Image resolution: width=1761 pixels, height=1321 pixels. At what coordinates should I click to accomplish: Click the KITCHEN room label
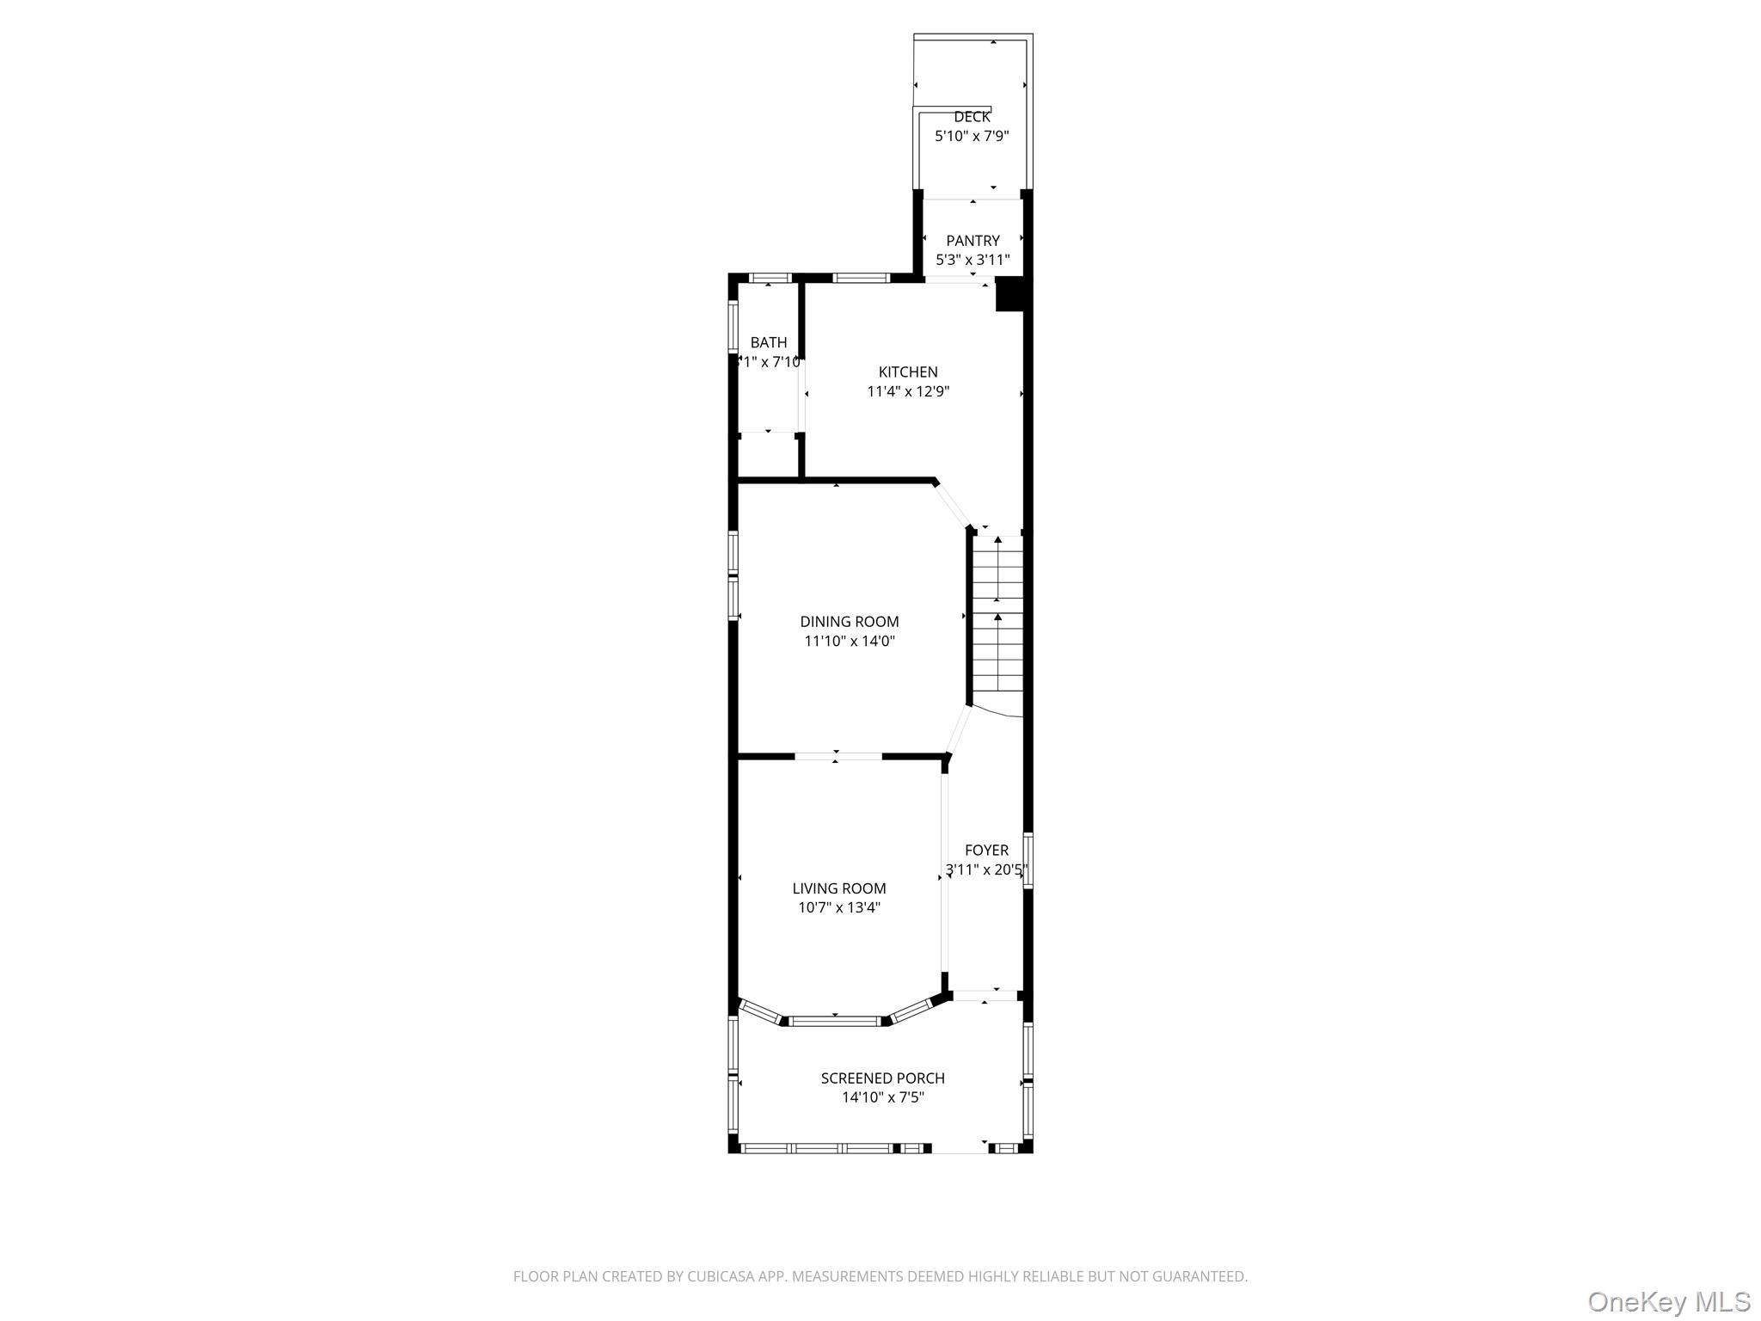pyautogui.click(x=908, y=372)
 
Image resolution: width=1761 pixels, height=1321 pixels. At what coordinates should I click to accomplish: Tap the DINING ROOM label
pyautogui.click(x=850, y=622)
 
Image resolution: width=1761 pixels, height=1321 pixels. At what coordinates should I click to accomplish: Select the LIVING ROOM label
pyautogui.click(x=839, y=888)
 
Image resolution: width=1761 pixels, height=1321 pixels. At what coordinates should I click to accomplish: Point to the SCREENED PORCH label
pyautogui.click(x=882, y=1078)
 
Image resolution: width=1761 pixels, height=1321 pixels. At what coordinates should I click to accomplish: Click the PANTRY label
pyautogui.click(x=973, y=241)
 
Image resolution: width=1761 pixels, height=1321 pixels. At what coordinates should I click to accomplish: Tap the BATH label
pyautogui.click(x=769, y=343)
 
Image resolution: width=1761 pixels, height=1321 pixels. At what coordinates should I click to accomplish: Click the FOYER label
pyautogui.click(x=986, y=851)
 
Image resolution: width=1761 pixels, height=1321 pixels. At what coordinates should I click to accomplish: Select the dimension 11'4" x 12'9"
pyautogui.click(x=908, y=392)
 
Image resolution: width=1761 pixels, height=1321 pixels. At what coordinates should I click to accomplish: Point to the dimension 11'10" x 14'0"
pyautogui.click(x=850, y=642)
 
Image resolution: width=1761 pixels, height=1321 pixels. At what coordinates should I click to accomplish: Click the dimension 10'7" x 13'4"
pyautogui.click(x=839, y=908)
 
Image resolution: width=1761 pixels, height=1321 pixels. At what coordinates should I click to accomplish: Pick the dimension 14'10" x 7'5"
pyautogui.click(x=882, y=1098)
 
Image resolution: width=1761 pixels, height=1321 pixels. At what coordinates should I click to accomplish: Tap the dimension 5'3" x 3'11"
pyautogui.click(x=973, y=260)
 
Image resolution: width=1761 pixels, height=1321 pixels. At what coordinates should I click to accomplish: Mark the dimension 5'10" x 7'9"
pyautogui.click(x=972, y=137)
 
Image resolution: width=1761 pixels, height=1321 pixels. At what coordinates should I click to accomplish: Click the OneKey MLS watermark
pyautogui.click(x=1668, y=1302)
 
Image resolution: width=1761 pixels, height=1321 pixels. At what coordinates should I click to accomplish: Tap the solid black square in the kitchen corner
pyautogui.click(x=1009, y=294)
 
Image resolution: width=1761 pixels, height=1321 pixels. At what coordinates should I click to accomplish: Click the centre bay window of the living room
pyautogui.click(x=835, y=1022)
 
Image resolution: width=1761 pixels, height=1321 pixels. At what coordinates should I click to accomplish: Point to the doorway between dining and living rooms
pyautogui.click(x=838, y=757)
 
